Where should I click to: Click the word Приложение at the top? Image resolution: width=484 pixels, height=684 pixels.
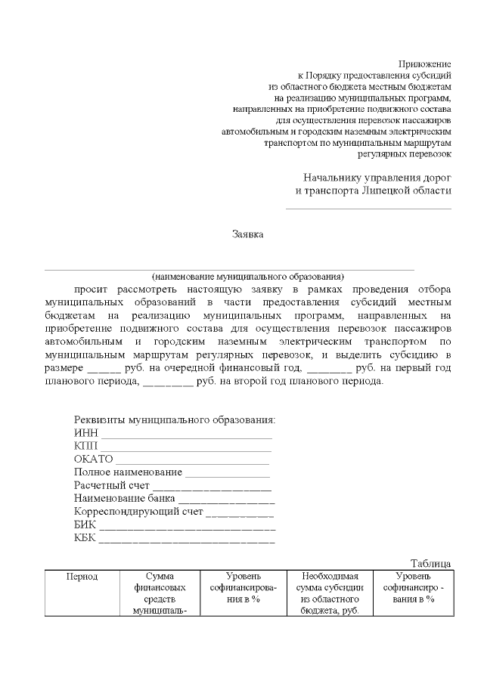click(424, 63)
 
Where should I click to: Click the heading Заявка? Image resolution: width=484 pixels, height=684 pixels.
click(247, 234)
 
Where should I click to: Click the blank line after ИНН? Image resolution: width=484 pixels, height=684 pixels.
click(187, 436)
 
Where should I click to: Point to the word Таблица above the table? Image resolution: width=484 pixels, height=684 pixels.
click(431, 564)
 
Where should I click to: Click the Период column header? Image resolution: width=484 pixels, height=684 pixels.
click(82, 577)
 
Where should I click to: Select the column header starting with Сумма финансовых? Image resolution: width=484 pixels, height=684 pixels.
click(160, 593)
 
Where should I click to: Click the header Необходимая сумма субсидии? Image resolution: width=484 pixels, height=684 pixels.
click(330, 593)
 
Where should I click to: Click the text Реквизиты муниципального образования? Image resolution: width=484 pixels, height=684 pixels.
click(175, 420)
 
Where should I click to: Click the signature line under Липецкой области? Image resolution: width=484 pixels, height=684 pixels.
click(368, 208)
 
